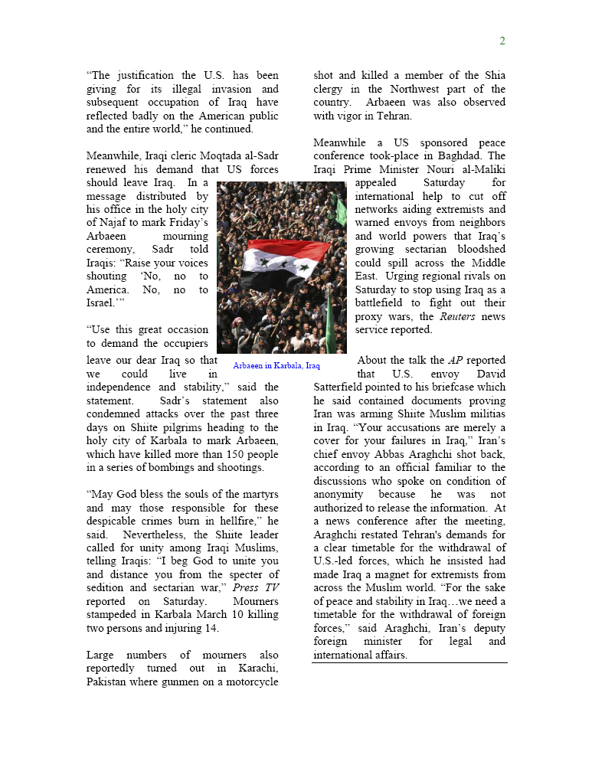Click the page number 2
(502, 41)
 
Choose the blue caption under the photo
(276, 366)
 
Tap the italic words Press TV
(260, 587)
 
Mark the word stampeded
(113, 615)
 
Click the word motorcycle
(250, 682)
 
